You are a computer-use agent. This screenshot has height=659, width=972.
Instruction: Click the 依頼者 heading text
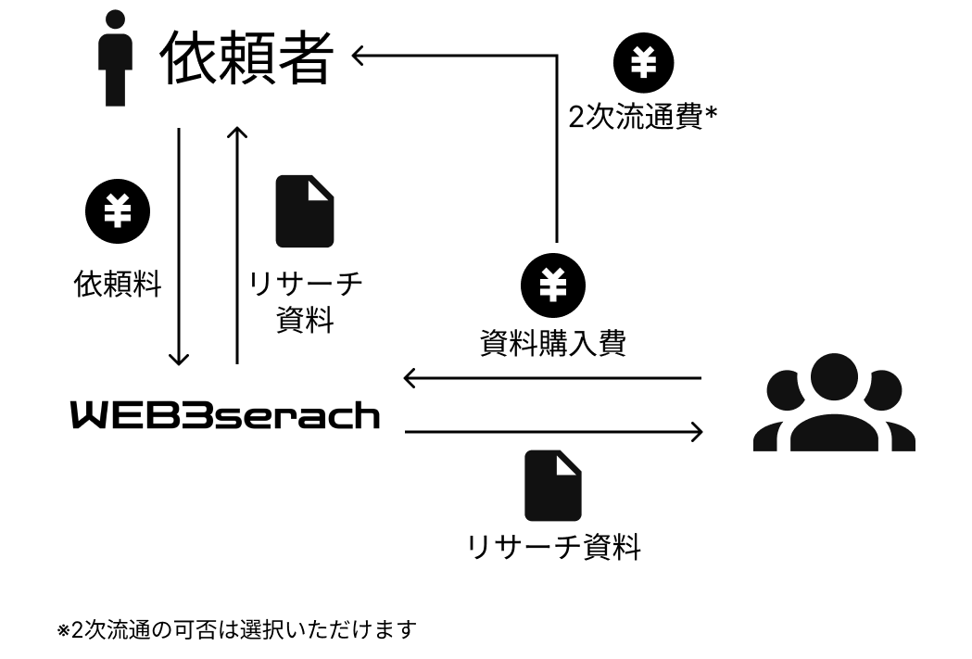tap(246, 58)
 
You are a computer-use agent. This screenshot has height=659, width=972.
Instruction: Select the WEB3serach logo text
tap(226, 415)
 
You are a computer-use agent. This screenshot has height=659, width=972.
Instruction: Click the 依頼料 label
tap(118, 284)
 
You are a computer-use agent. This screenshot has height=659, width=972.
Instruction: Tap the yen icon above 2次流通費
tap(644, 62)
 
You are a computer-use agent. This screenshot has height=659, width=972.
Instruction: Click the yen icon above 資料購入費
tap(552, 285)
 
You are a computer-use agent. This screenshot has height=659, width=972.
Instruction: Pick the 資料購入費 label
tap(553, 343)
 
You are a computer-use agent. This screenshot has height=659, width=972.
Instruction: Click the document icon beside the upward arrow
tap(305, 210)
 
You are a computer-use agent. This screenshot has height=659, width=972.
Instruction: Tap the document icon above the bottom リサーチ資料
tap(553, 485)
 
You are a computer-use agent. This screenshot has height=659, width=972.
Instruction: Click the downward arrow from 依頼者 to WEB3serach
tap(179, 246)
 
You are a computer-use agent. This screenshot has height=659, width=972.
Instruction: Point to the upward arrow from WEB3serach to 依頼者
tap(238, 246)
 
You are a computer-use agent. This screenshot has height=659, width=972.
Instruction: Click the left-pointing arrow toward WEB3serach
tap(551, 378)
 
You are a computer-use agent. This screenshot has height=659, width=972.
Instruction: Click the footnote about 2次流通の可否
tap(237, 630)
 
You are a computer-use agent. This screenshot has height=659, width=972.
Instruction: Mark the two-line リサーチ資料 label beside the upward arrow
tap(305, 302)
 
